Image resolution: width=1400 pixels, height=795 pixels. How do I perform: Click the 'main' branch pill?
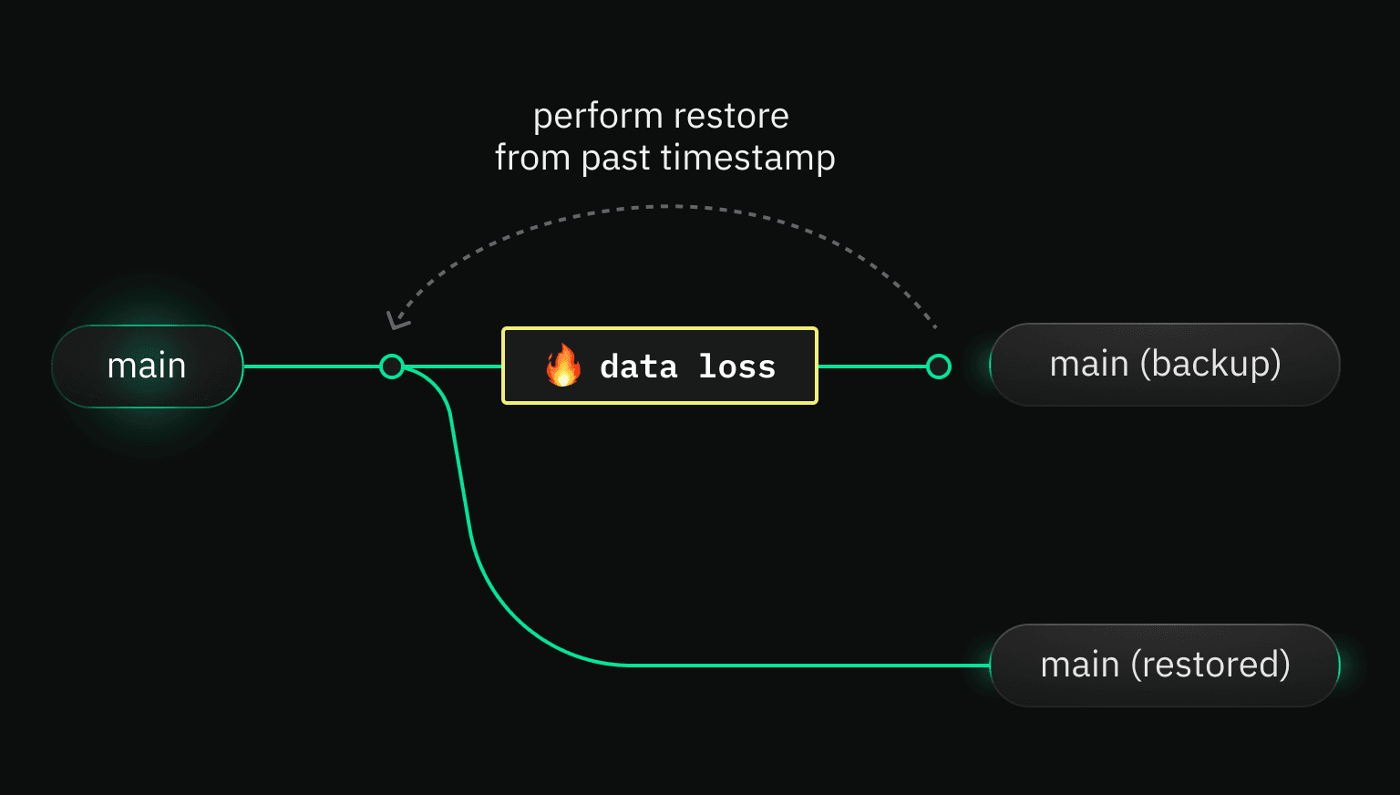click(148, 367)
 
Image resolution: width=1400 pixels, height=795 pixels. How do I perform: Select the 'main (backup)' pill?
click(1164, 365)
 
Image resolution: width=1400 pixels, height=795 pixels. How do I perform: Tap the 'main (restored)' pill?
click(1164, 666)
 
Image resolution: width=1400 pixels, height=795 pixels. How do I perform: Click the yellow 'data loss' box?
click(660, 366)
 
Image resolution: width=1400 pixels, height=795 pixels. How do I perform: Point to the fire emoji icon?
click(563, 366)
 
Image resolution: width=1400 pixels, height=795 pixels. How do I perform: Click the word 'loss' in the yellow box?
click(736, 367)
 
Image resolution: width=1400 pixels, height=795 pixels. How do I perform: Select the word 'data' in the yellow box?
click(639, 367)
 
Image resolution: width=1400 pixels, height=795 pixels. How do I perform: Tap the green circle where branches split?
click(392, 367)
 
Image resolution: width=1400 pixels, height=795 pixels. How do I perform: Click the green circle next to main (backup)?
click(939, 367)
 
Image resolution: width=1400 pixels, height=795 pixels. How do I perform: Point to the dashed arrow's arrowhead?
click(396, 320)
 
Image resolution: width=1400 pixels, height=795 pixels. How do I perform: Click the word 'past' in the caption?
click(615, 159)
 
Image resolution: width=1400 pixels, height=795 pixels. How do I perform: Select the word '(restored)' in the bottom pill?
click(1210, 666)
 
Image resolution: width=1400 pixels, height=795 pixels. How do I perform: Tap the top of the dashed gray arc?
click(665, 207)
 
